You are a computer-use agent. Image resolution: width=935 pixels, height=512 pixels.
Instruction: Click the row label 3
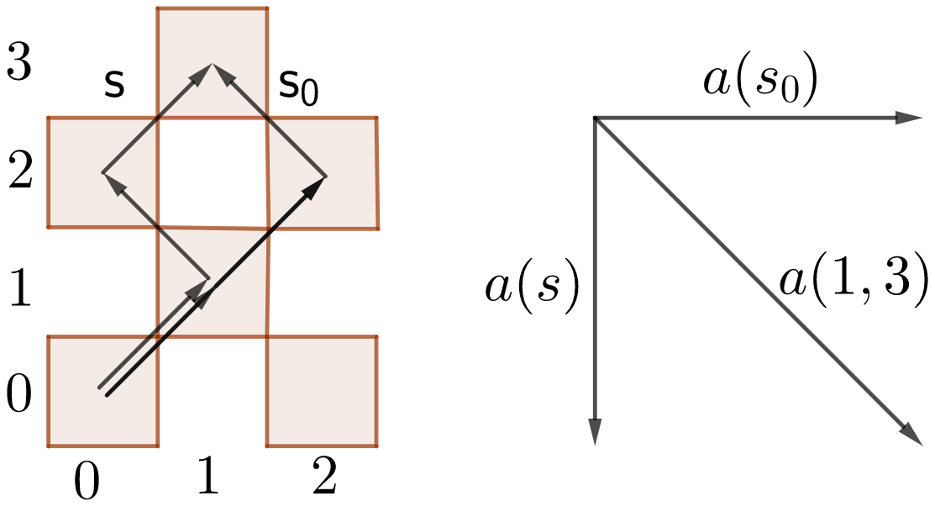[x=19, y=62]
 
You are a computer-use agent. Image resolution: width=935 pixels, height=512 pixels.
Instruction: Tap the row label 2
[x=19, y=173]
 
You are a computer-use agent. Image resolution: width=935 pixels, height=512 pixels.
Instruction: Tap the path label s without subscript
[x=115, y=85]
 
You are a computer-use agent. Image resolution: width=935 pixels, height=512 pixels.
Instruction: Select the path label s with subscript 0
[x=299, y=87]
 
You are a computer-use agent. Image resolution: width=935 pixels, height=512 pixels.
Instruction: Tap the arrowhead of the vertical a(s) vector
[x=595, y=433]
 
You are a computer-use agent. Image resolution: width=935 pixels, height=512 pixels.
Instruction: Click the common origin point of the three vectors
[x=595, y=119]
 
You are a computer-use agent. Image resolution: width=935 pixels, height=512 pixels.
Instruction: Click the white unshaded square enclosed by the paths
[x=213, y=172]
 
